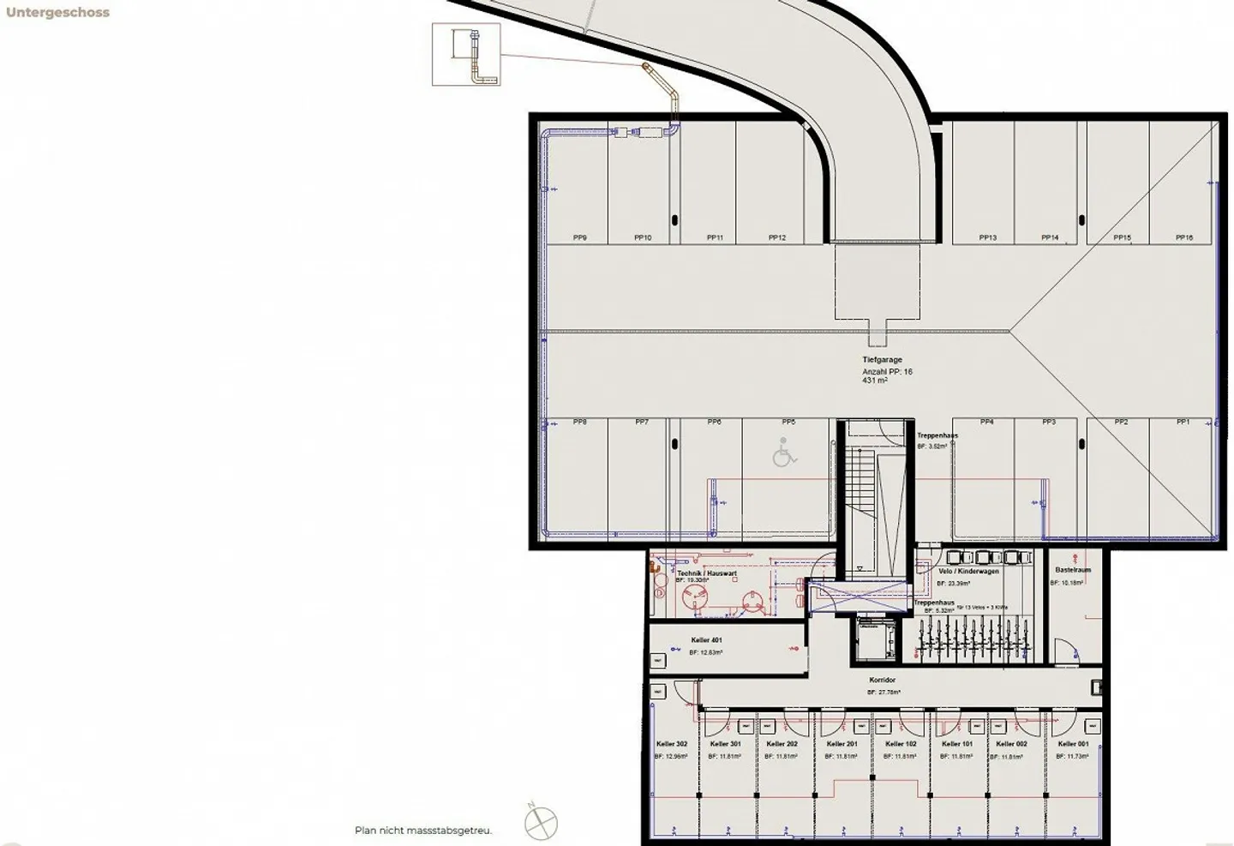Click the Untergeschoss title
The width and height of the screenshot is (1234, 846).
tap(57, 13)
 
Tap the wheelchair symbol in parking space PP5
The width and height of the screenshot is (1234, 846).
tap(783, 453)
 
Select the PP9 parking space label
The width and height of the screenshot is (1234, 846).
tap(580, 237)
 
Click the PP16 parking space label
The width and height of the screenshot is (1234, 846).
tap(1183, 237)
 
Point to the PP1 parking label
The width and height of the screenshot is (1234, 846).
tap(1183, 422)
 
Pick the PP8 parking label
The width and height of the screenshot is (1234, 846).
tap(580, 422)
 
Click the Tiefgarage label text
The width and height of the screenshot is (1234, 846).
tap(882, 360)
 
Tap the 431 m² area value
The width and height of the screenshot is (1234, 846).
tap(875, 381)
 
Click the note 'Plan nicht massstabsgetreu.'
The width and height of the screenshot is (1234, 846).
tap(423, 830)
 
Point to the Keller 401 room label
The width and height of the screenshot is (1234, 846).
tap(706, 640)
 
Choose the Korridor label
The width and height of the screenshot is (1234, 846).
tap(882, 680)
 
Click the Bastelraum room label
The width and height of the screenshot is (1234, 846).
tap(1072, 570)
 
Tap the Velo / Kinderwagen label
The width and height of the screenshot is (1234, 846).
tap(968, 571)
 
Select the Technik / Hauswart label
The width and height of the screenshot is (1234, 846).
tap(707, 573)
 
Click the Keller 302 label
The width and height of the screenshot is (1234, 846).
tap(672, 744)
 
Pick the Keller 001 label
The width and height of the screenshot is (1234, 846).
tap(1073, 744)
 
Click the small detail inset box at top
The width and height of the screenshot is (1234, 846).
tap(465, 55)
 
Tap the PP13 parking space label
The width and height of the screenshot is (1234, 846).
tap(987, 237)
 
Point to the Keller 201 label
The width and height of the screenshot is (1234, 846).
tap(842, 744)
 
